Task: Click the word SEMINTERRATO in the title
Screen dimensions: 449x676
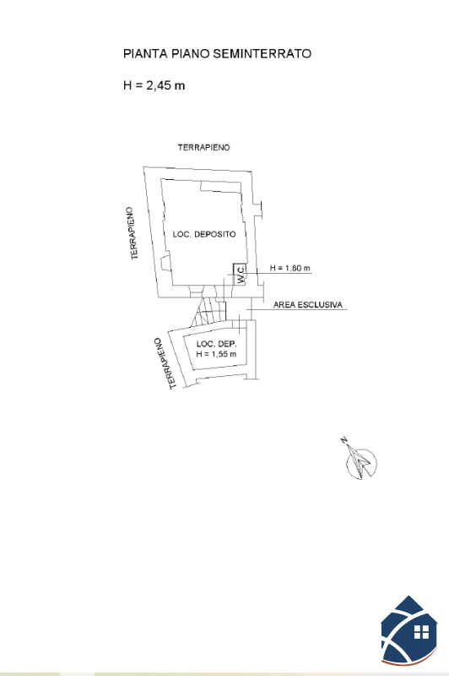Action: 262,53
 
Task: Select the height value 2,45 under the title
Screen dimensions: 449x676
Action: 160,85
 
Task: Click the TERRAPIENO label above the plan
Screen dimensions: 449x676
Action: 204,147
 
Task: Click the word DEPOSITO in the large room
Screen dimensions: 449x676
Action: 215,234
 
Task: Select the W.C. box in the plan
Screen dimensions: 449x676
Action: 240,274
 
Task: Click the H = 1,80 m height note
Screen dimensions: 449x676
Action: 289,268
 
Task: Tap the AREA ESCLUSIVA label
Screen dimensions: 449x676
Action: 308,305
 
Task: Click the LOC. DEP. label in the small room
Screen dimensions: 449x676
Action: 217,344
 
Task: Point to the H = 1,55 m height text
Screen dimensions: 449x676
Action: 216,354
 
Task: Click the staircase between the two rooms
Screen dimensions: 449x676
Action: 209,311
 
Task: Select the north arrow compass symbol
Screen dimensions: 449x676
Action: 361,463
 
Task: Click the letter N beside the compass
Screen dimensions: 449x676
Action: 344,439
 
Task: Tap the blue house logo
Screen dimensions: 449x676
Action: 409,630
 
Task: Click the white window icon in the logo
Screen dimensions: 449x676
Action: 421,632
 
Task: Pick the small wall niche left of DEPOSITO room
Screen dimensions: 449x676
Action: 165,264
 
